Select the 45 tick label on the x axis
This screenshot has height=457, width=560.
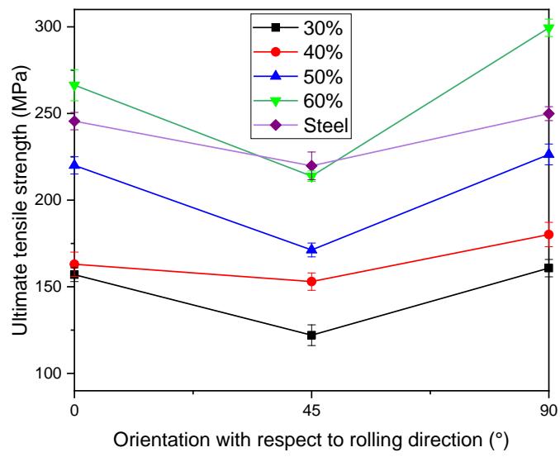point(311,407)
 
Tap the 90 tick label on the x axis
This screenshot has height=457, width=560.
point(548,407)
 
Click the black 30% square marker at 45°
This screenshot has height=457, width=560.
point(311,335)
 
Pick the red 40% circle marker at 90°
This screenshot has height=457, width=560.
point(548,235)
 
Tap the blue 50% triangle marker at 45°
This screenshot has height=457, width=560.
point(311,250)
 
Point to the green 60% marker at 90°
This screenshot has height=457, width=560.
point(548,30)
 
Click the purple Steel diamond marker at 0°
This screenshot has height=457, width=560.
point(75,121)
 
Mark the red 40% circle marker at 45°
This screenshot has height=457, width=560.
point(311,281)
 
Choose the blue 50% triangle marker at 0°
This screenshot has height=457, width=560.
point(75,165)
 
